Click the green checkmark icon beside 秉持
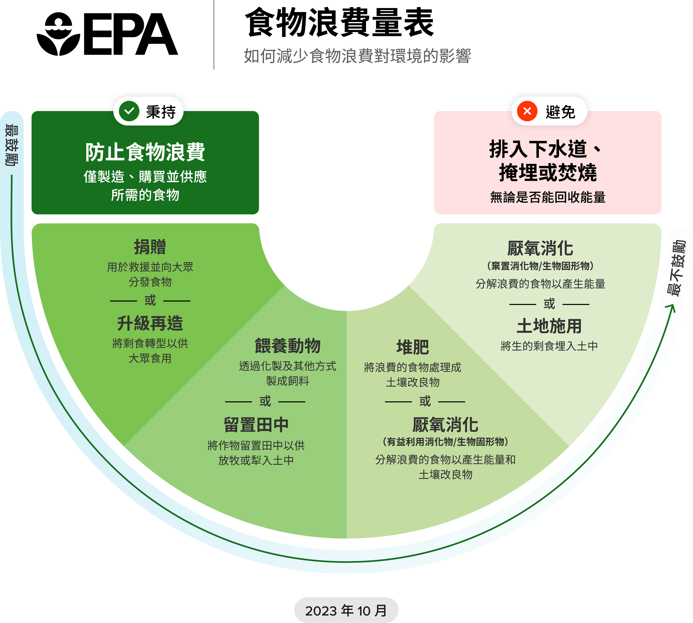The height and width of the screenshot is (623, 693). [x=129, y=111]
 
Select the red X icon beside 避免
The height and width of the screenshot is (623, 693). [x=527, y=111]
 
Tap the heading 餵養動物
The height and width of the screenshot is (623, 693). [x=287, y=346]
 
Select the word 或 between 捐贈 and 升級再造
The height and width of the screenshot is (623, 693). [x=150, y=301]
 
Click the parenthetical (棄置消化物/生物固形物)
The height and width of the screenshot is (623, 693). [x=540, y=266]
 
